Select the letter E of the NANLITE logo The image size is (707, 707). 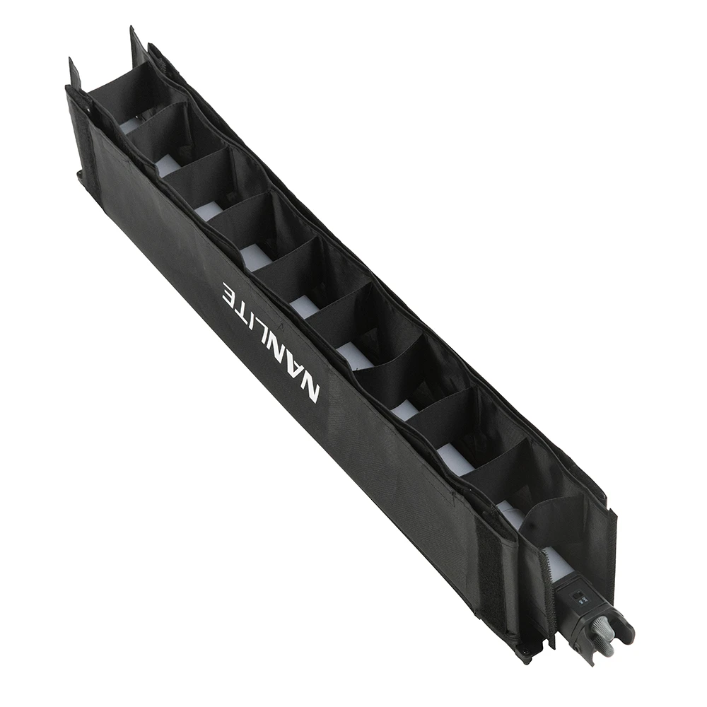click(230, 293)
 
